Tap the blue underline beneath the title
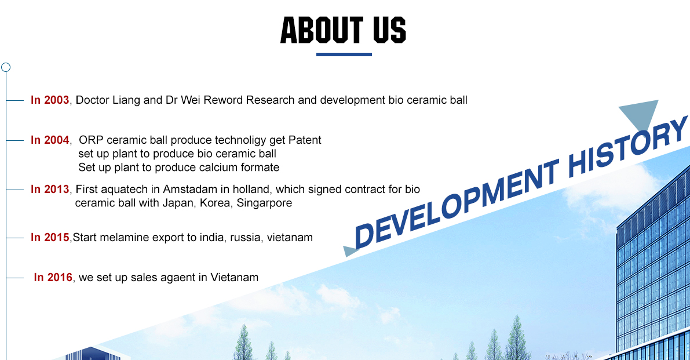pyautogui.click(x=344, y=54)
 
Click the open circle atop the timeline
pyautogui.click(x=6, y=67)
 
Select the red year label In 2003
pyautogui.click(x=50, y=100)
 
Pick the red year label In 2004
pyautogui.click(x=50, y=140)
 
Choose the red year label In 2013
pyautogui.click(x=50, y=189)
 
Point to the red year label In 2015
pyautogui.click(x=50, y=237)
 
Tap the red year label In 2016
pyautogui.click(x=53, y=277)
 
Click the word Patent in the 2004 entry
pyautogui.click(x=305, y=140)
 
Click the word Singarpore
pyautogui.click(x=264, y=203)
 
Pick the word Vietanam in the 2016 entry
pyautogui.click(x=234, y=277)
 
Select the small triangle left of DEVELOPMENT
pyautogui.click(x=351, y=251)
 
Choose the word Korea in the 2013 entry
pyautogui.click(x=216, y=203)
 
